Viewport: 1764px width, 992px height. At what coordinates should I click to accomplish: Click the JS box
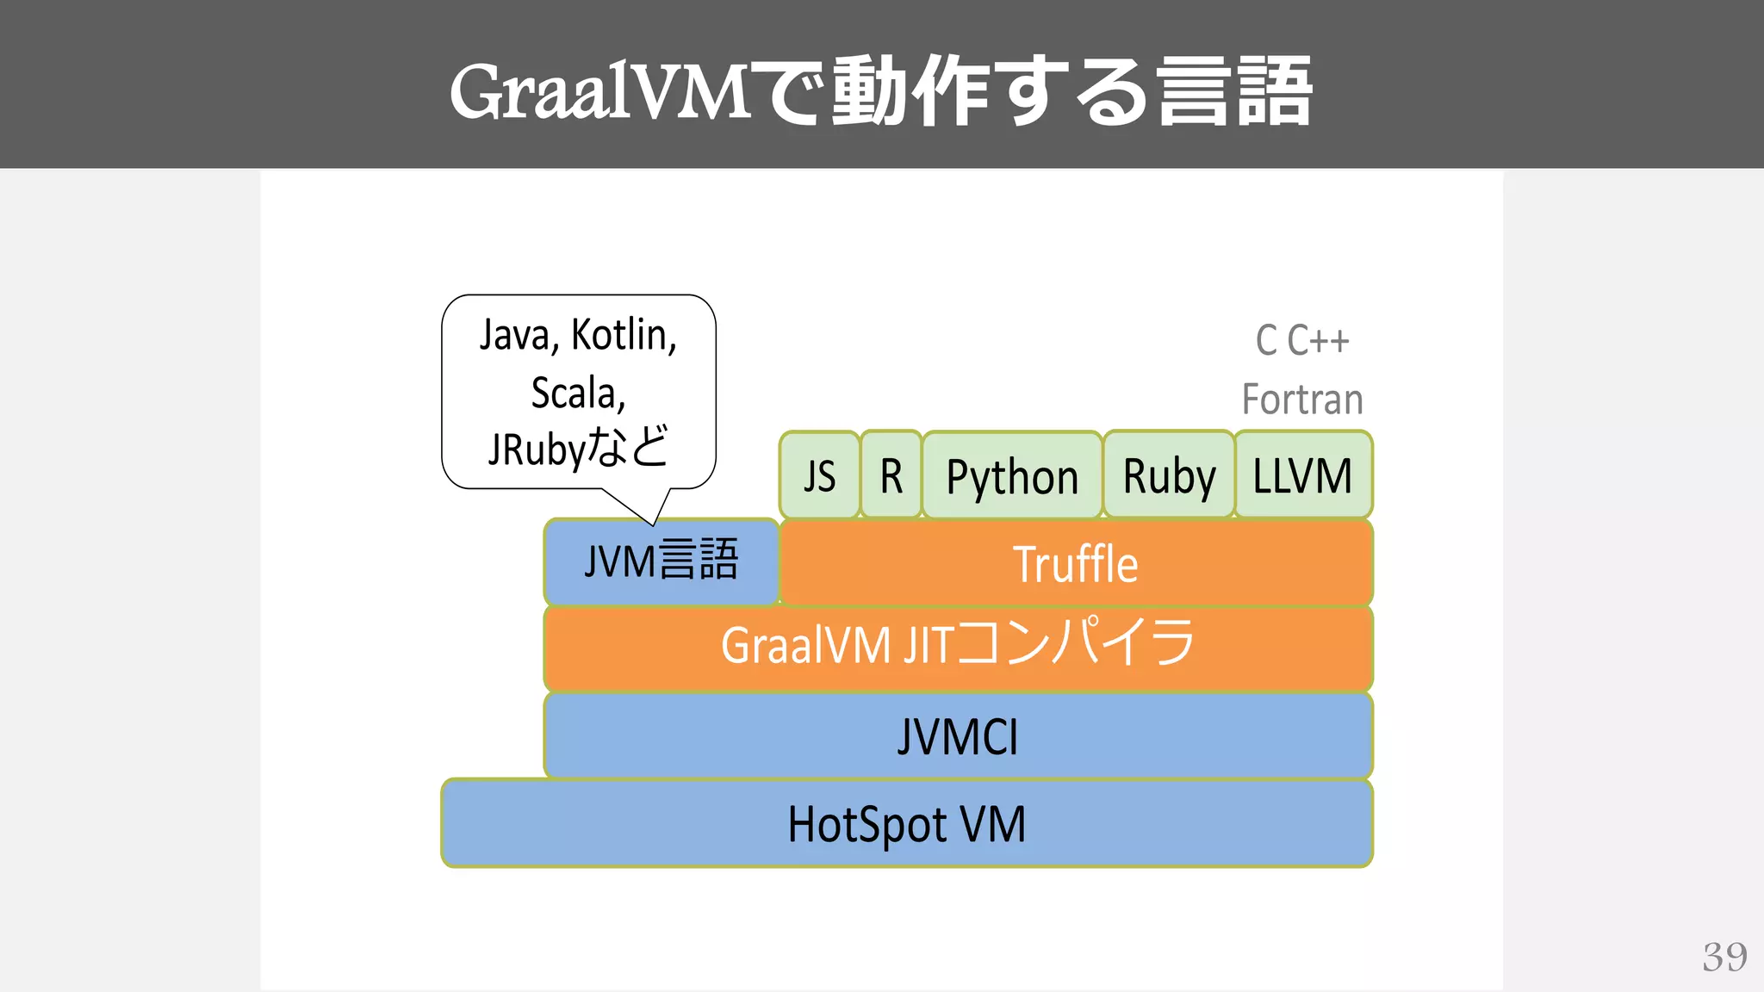pos(819,475)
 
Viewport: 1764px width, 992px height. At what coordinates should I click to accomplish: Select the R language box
pos(891,475)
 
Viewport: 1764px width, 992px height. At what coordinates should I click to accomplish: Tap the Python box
pos(1012,476)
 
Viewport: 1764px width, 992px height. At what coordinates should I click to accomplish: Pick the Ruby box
pos(1169,476)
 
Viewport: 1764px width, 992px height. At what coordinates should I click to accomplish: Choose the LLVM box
pos(1302,475)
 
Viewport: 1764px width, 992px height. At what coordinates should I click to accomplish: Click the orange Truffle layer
pos(1075,564)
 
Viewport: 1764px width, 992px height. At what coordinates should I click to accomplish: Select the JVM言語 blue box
pos(661,561)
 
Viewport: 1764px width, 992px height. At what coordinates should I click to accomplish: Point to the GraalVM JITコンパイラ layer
pos(958,646)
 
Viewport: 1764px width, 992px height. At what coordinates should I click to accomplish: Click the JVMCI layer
pos(958,737)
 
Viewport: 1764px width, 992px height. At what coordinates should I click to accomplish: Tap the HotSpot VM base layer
pos(907,824)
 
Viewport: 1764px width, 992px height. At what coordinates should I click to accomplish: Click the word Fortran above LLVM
pos(1302,400)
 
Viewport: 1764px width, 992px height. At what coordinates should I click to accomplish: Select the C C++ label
pos(1302,340)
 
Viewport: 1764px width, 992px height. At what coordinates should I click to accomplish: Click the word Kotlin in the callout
pos(624,335)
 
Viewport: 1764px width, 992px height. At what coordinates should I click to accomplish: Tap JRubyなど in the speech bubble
pos(578,449)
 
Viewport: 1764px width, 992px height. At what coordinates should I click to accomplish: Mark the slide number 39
pos(1724,957)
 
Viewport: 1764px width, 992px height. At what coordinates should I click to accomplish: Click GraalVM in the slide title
pos(601,91)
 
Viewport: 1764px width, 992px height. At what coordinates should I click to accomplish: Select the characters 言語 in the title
pos(1233,91)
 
